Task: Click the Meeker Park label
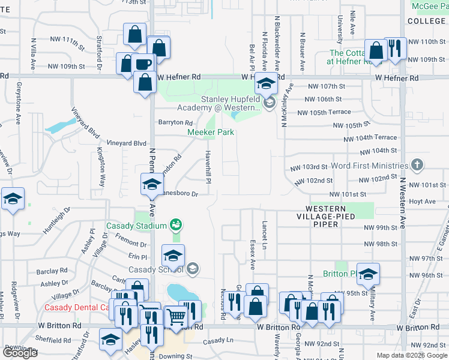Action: coord(210,132)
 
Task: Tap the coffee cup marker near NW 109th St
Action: coord(143,65)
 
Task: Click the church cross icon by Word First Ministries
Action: coord(417,165)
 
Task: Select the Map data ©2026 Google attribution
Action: coord(411,355)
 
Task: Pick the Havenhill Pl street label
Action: coord(209,167)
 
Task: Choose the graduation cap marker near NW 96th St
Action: coord(369,275)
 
